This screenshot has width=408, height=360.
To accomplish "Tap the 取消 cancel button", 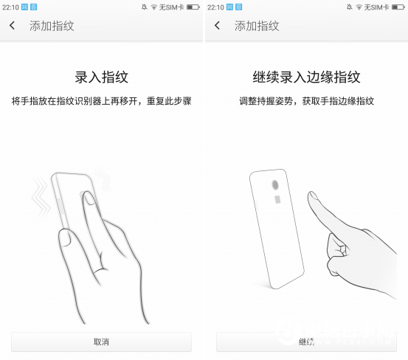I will (x=101, y=342).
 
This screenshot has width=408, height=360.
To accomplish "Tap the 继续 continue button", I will (x=306, y=342).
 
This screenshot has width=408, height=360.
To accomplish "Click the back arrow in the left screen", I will (x=13, y=26).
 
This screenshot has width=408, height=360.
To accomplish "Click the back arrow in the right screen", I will (x=217, y=26).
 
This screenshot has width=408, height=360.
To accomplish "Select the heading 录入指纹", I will (x=101, y=77).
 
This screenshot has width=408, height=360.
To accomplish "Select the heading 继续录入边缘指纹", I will (x=305, y=77).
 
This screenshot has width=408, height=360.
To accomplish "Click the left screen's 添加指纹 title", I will (x=52, y=26).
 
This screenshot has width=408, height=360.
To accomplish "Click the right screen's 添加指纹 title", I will (x=257, y=26).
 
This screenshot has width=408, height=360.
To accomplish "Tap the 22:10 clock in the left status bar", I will (x=10, y=7).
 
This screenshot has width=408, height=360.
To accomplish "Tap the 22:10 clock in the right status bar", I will (x=215, y=7).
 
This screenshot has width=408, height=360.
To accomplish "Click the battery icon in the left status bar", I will (x=193, y=7).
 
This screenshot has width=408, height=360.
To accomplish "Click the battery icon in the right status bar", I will (x=398, y=7).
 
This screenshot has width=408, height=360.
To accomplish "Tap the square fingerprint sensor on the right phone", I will (x=277, y=199).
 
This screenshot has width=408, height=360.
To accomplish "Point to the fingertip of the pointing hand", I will (x=314, y=198).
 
